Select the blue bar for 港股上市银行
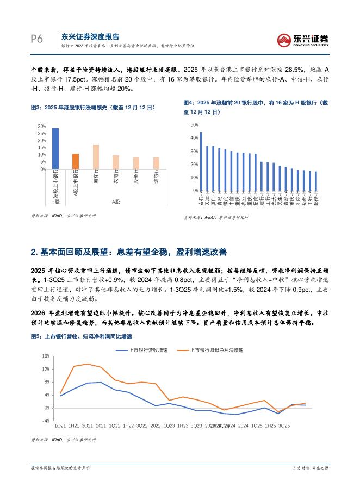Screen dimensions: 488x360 click(x=55, y=148)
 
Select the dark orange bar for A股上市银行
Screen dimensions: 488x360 click(x=76, y=161)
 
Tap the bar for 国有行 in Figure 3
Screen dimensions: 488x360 click(x=96, y=157)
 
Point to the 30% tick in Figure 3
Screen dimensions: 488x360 click(x=42, y=126)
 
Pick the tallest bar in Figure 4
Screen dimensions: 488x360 click(x=201, y=161)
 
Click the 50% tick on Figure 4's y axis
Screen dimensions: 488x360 click(x=194, y=124)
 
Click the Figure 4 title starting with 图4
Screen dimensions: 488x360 click(x=256, y=107)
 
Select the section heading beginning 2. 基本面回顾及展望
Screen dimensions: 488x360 click(x=128, y=252)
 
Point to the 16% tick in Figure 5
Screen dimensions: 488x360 click(x=46, y=356)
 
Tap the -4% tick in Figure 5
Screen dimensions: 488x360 click(x=46, y=421)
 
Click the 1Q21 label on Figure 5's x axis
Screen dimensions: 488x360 click(x=60, y=426)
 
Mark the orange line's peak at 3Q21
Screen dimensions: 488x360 click(x=87, y=364)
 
